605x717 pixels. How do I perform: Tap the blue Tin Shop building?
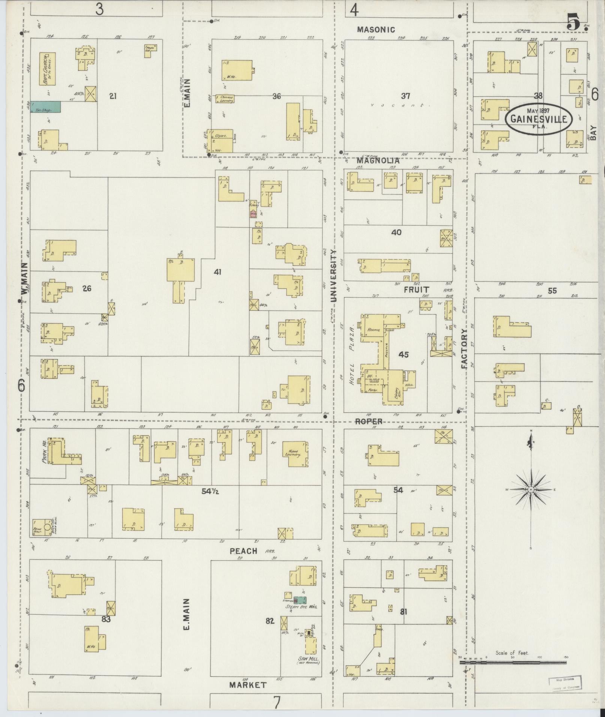[45, 107]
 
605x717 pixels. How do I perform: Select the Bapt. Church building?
[47, 69]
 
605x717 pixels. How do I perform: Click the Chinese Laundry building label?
[225, 99]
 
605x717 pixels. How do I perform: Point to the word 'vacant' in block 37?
[400, 105]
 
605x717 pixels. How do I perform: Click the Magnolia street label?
[378, 161]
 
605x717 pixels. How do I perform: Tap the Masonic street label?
[376, 29]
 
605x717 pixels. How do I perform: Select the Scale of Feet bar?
[513, 662]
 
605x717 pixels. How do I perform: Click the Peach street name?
[244, 551]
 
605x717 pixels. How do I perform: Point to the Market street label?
[248, 685]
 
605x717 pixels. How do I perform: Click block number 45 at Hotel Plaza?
[403, 354]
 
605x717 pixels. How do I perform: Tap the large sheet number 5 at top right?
[573, 21]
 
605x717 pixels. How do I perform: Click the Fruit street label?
[416, 290]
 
